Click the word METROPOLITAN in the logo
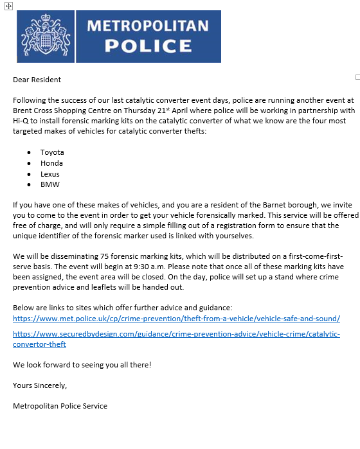point(147,26)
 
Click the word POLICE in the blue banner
point(148,46)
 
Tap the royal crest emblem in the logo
point(46,36)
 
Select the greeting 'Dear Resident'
point(37,80)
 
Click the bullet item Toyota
point(52,152)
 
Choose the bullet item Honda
point(52,163)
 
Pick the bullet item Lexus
point(50,174)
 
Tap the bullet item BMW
point(50,185)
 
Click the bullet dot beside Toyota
point(30,153)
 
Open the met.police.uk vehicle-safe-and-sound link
point(176,318)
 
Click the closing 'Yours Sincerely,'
point(40,385)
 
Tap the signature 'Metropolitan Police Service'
point(60,406)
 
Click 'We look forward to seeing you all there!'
point(82,365)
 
